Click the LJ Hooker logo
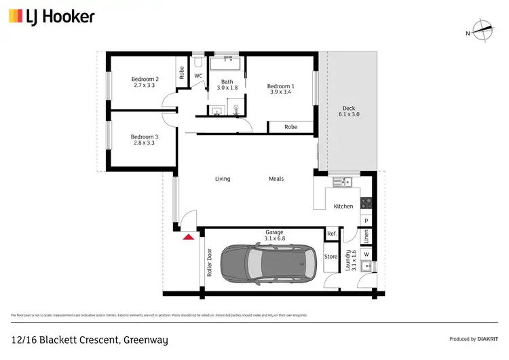point(52,16)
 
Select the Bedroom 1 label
point(280,90)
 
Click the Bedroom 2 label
point(145,82)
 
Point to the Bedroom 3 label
point(144,140)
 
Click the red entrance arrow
point(187,236)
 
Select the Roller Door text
point(210,266)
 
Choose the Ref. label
point(332,234)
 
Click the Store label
point(331,257)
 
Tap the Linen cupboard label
point(366,237)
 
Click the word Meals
point(276,179)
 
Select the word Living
point(223,179)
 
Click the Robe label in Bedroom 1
point(290,127)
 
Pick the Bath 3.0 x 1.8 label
point(227,85)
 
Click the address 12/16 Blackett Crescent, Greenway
point(89,340)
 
